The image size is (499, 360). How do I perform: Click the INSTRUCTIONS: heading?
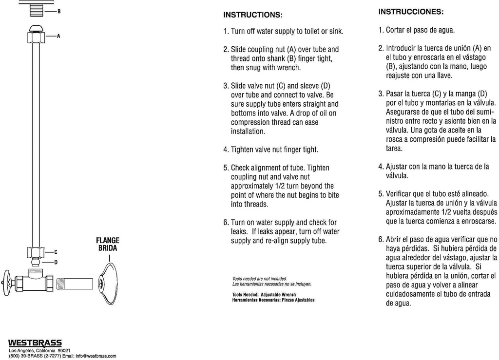[x=252, y=15]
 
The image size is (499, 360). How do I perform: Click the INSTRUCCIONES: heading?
[x=411, y=11]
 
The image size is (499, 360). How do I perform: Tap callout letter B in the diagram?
[x=59, y=11]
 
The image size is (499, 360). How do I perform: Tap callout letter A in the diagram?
[x=58, y=36]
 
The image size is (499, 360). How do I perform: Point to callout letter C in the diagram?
[x=56, y=252]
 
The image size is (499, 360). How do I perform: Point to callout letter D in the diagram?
[x=56, y=263]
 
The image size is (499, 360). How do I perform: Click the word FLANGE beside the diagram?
[x=107, y=240]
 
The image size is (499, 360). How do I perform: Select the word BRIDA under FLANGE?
[x=107, y=248]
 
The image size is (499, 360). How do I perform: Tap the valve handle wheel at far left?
[x=7, y=281]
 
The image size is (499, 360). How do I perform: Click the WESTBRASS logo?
[x=35, y=343]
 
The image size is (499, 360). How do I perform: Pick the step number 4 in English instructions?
[x=226, y=150]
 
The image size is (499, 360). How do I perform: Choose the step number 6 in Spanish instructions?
[x=381, y=239]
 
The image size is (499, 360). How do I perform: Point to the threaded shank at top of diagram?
[x=40, y=10]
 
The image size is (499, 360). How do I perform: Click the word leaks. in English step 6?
[x=239, y=232]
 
